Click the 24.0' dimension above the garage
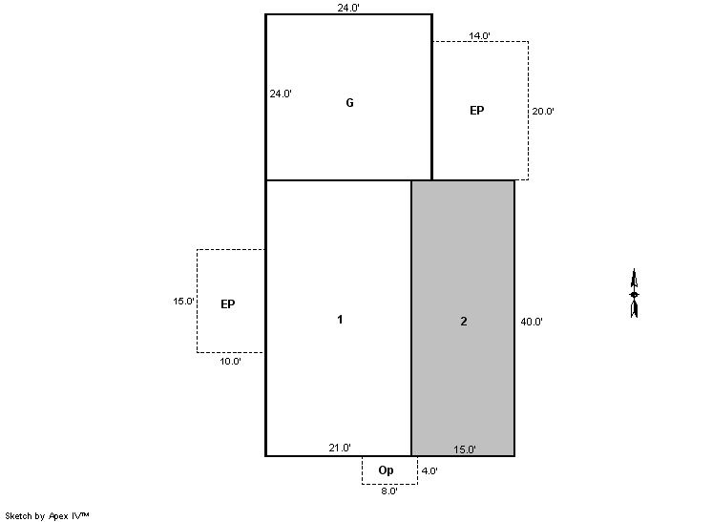(348, 8)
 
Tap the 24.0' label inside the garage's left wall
(281, 94)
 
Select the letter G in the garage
(349, 103)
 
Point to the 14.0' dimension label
(479, 35)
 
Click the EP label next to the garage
(477, 111)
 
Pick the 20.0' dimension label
(543, 112)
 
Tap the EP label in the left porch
(228, 304)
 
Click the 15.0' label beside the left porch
(183, 301)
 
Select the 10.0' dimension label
(230, 362)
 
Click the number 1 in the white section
(340, 320)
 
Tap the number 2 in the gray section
(464, 322)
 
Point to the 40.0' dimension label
(532, 322)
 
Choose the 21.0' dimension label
(340, 448)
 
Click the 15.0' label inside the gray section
(465, 449)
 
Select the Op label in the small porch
(386, 470)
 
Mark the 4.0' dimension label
(429, 470)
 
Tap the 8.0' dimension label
(389, 491)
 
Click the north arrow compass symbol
(635, 293)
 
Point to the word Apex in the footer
(58, 516)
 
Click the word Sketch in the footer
(19, 515)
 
